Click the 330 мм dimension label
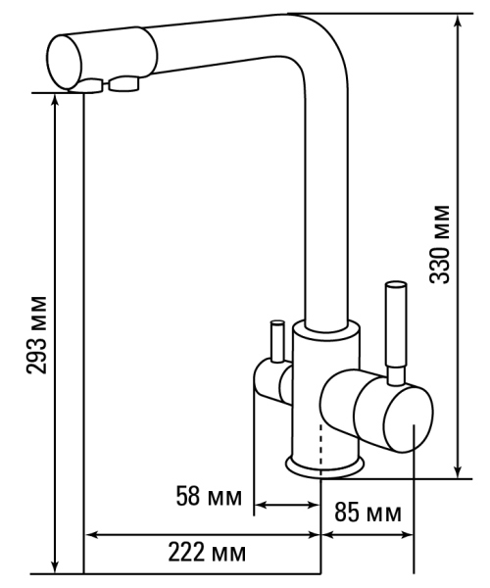pyautogui.click(x=439, y=244)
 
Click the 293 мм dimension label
pyautogui.click(x=36, y=335)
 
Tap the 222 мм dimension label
pyautogui.click(x=207, y=552)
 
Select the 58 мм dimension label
pyautogui.click(x=209, y=496)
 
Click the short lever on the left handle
pyautogui.click(x=277, y=341)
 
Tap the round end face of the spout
pyautogui.click(x=65, y=63)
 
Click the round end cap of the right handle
pyautogui.click(x=409, y=417)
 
